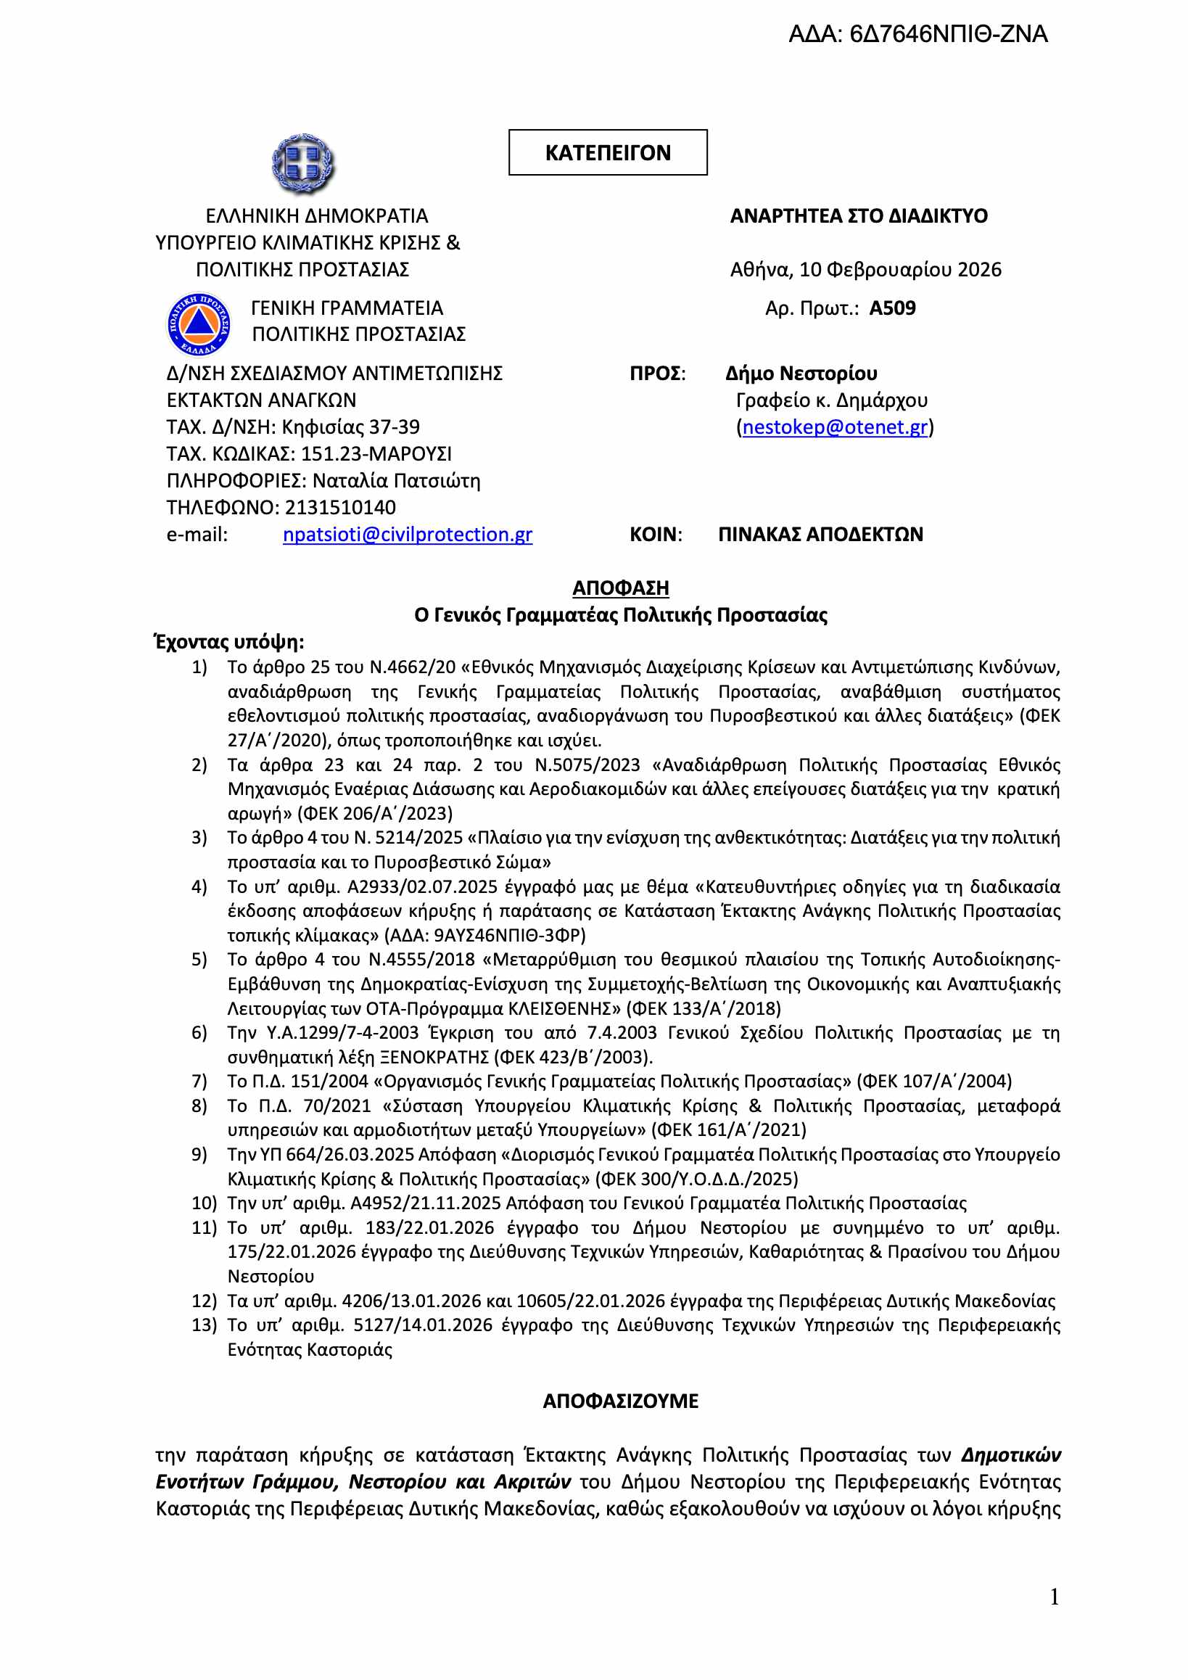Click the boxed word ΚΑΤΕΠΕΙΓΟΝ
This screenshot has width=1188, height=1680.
click(607, 153)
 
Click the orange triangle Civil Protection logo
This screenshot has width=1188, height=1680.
click(199, 324)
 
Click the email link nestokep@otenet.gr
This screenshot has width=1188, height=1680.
click(835, 427)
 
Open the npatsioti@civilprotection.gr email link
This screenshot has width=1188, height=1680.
click(408, 535)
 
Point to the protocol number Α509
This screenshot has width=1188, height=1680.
click(892, 308)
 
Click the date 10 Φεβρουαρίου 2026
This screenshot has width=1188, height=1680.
click(900, 270)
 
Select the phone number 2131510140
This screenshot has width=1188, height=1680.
click(340, 508)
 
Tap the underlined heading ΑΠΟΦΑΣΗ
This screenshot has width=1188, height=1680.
click(620, 588)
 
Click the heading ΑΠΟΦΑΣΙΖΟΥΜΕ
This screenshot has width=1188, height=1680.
click(620, 1401)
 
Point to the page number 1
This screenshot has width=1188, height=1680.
click(1054, 1597)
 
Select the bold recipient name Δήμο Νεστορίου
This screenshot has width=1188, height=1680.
click(801, 374)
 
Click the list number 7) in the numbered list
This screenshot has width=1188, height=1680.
click(199, 1082)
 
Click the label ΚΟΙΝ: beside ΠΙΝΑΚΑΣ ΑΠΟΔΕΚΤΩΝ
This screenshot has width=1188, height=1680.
click(656, 535)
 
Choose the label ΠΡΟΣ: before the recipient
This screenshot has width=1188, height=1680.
click(658, 374)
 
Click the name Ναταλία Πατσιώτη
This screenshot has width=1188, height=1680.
click(397, 482)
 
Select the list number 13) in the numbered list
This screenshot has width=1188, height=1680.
click(204, 1325)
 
